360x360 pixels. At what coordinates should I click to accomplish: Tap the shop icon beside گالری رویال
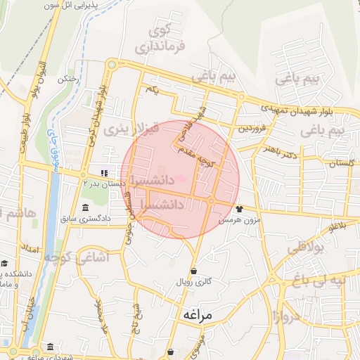click(193, 271)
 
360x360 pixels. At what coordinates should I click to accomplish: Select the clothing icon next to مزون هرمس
click(239, 208)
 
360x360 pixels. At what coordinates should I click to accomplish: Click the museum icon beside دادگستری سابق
click(86, 207)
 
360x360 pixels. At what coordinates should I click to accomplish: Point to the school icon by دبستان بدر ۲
click(103, 172)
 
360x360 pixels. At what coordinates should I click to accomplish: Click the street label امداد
click(30, 248)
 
